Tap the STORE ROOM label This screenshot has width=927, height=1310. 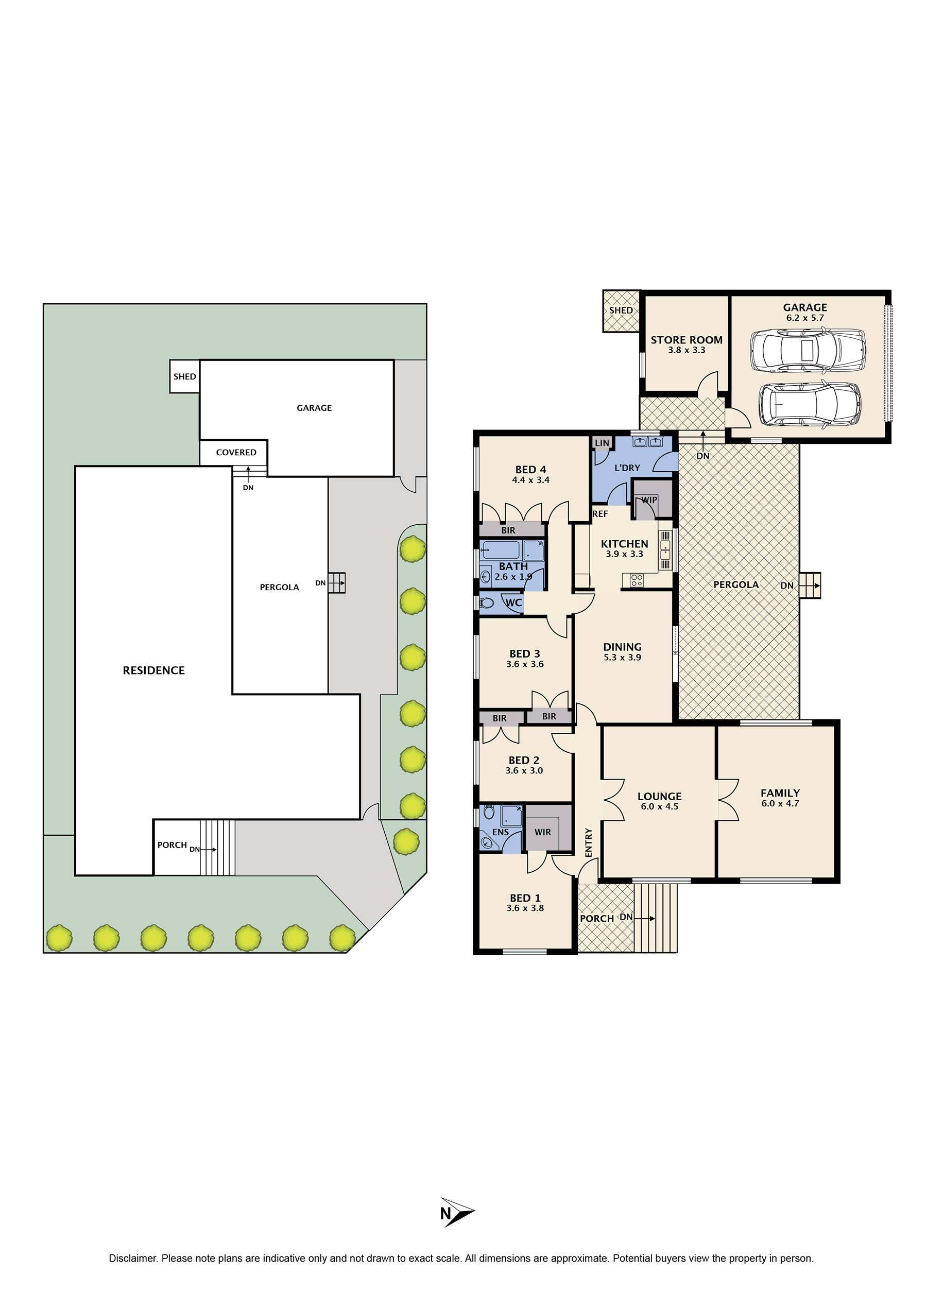(686, 340)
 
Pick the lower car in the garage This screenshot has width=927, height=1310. (810, 404)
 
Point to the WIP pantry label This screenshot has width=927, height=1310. (649, 500)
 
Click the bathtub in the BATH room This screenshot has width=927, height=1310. (501, 550)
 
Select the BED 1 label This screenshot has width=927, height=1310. (525, 898)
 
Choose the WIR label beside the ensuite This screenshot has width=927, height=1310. (542, 832)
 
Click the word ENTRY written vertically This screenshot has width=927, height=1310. (589, 842)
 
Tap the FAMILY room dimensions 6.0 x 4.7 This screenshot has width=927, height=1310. (780, 803)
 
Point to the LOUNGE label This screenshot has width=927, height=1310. (659, 796)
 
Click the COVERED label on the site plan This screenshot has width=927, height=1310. (236, 452)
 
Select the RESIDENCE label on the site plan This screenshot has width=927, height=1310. (153, 670)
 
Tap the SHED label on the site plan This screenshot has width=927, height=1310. (184, 376)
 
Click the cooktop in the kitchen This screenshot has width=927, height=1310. (637, 580)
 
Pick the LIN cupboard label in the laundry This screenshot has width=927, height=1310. (602, 442)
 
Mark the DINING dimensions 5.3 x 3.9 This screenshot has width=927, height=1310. (622, 658)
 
